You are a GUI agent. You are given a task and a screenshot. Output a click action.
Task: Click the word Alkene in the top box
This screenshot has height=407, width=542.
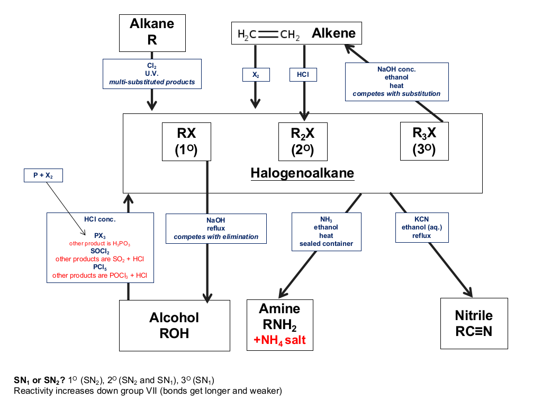click(333, 33)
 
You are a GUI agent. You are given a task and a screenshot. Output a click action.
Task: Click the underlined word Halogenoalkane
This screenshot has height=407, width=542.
click(302, 173)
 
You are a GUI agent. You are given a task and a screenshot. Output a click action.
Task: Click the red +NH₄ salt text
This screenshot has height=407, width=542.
click(279, 340)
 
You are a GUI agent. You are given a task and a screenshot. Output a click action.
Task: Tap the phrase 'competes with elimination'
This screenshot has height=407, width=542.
click(216, 237)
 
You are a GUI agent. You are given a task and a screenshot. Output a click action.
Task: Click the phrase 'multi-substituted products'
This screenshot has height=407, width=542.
click(152, 82)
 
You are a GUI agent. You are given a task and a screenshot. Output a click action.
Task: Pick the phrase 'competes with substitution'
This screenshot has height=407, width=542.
click(396, 94)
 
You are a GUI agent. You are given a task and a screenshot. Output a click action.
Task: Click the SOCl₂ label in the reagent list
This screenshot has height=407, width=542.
click(100, 251)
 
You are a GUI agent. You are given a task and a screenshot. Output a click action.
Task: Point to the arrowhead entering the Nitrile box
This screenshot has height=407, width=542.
click(469, 293)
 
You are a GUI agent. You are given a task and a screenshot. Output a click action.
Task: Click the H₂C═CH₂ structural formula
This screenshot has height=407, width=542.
click(268, 34)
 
